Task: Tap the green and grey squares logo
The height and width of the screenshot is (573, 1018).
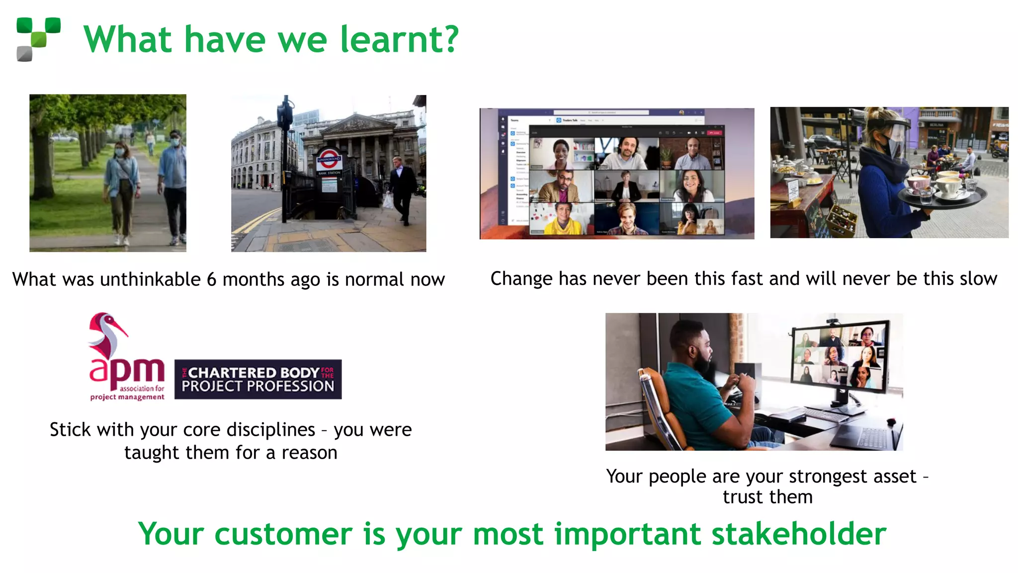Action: pyautogui.click(x=38, y=39)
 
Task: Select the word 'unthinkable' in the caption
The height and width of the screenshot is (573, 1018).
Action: pyautogui.click(x=150, y=280)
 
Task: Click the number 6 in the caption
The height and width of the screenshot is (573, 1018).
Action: pyautogui.click(x=211, y=280)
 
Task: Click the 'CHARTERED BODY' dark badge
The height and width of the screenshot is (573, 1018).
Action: pyautogui.click(x=258, y=379)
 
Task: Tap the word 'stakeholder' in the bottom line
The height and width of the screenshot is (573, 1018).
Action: pyautogui.click(x=799, y=534)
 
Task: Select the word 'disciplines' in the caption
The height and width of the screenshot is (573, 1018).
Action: pyautogui.click(x=271, y=430)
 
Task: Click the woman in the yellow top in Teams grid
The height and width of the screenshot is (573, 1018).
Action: pyautogui.click(x=562, y=219)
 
